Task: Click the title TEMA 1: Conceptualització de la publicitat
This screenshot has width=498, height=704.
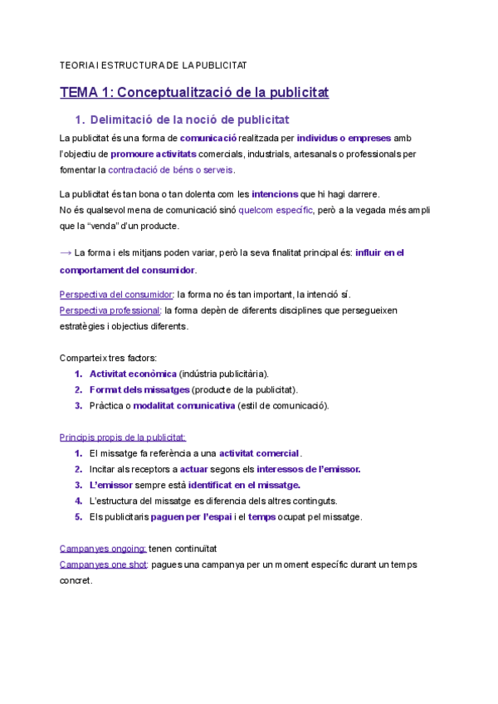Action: coord(194,92)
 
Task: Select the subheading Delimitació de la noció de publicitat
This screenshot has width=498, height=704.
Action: coord(189,120)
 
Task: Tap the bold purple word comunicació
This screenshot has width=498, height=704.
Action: coord(208,138)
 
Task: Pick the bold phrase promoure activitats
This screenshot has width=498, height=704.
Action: coord(154,154)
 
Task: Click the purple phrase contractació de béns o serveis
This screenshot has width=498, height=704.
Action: coord(171,170)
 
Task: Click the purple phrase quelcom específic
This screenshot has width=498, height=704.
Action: coord(276,210)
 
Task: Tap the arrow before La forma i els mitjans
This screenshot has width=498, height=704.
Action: coord(66,252)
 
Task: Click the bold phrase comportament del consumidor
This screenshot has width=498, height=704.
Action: coord(128,271)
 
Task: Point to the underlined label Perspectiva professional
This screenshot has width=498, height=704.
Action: coord(110,310)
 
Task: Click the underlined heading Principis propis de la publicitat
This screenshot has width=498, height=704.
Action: coord(123,437)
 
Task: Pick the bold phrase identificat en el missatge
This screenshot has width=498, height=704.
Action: coord(244,485)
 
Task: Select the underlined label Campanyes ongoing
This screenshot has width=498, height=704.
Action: coord(103,549)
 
